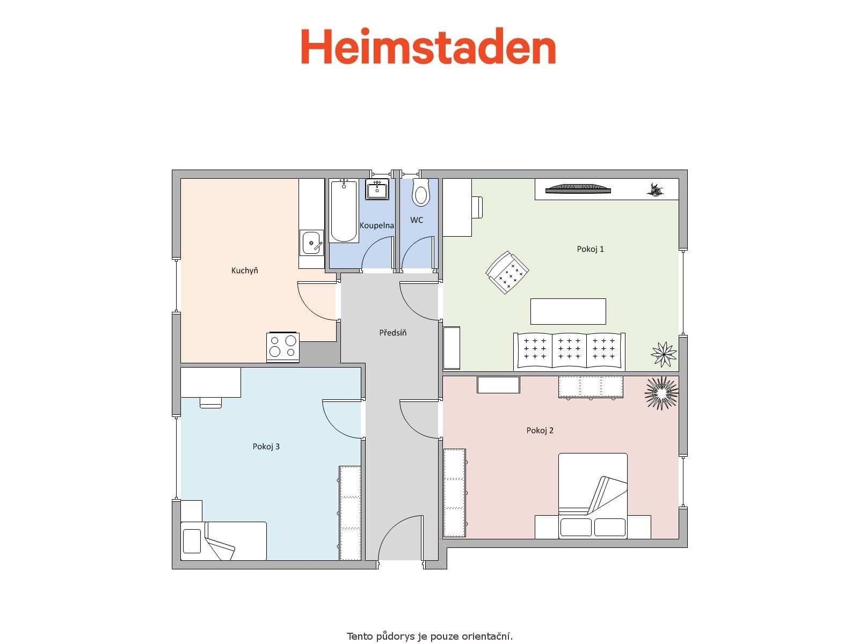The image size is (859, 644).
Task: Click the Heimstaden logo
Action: pyautogui.click(x=428, y=47)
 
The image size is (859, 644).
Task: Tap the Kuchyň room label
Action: pyautogui.click(x=244, y=270)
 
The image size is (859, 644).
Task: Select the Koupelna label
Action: pyautogui.click(x=376, y=225)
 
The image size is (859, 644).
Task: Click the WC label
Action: pyautogui.click(x=417, y=220)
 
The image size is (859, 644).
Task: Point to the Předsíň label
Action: pyautogui.click(x=392, y=333)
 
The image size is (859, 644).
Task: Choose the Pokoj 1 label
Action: pyautogui.click(x=590, y=249)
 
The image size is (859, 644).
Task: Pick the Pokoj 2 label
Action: pyautogui.click(x=540, y=430)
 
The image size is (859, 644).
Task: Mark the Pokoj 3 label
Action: pyautogui.click(x=266, y=447)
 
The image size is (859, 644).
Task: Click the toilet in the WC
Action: pyautogui.click(x=421, y=194)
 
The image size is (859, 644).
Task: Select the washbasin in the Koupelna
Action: pyautogui.click(x=377, y=189)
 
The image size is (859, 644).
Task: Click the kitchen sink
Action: pyautogui.click(x=311, y=243)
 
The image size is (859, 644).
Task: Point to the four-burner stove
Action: pyautogui.click(x=283, y=347)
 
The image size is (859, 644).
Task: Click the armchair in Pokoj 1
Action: pyautogui.click(x=507, y=272)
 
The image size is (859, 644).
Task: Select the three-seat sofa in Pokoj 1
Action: pyautogui.click(x=569, y=352)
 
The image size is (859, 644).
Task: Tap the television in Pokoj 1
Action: pyautogui.click(x=578, y=188)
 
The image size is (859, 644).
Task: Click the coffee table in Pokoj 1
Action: pyautogui.click(x=568, y=311)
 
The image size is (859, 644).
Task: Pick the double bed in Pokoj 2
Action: pyautogui.click(x=593, y=495)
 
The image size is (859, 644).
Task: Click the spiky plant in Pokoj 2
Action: pyautogui.click(x=661, y=393)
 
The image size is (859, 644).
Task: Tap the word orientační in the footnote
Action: pyautogui.click(x=487, y=636)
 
